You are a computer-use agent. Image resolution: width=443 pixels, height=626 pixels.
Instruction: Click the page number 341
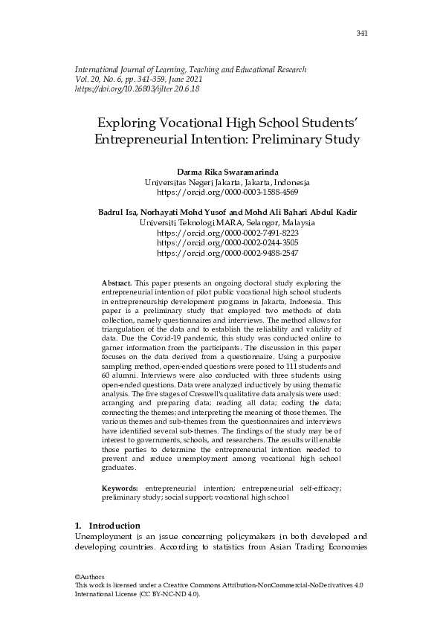(362, 33)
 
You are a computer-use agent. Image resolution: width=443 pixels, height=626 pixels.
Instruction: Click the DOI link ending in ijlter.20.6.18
(138, 88)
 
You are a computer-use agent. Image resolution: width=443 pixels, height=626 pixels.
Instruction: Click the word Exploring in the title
(129, 121)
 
